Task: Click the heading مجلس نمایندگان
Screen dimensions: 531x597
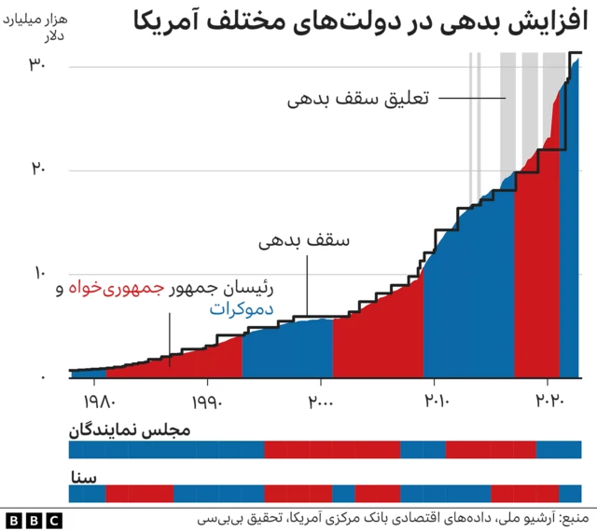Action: click(x=130, y=431)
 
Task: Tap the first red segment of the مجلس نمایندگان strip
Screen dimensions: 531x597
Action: click(x=331, y=450)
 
